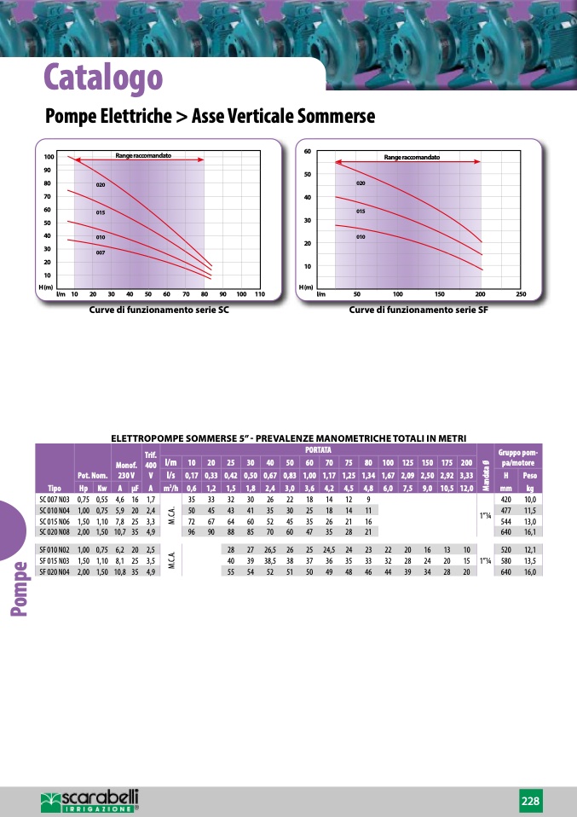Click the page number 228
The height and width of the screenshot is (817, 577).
pos(530,801)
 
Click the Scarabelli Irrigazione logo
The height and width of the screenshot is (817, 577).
pos(89,801)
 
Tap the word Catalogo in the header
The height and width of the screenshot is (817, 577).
pos(103,77)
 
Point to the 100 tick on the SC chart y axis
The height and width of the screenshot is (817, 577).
pos(49,158)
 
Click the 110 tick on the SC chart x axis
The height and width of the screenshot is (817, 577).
pos(260,293)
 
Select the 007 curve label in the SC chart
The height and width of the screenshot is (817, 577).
pos(101,253)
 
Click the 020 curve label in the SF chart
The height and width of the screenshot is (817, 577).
pos(361,183)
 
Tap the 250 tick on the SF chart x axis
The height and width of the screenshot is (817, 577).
pos(521,293)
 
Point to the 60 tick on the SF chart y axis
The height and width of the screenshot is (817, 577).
pos(307,151)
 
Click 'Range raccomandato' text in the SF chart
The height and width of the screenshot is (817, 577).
pos(412,158)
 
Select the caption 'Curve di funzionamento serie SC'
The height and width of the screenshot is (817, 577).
pos(159,310)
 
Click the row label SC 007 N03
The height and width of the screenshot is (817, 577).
pos(54,499)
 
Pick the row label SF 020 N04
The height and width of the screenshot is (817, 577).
pos(54,571)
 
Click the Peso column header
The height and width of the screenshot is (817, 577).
pos(529,475)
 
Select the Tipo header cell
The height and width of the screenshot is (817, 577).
pos(54,488)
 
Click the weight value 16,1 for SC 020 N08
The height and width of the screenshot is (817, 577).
pos(529,530)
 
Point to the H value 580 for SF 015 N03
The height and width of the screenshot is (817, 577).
pos(506,561)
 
